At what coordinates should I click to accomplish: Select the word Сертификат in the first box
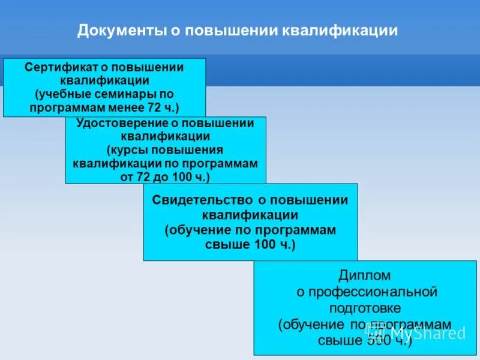[x=58, y=67]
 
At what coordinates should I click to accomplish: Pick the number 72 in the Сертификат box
[x=154, y=108]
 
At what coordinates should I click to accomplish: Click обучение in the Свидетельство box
[x=200, y=230]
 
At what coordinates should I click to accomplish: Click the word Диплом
[x=365, y=276]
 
